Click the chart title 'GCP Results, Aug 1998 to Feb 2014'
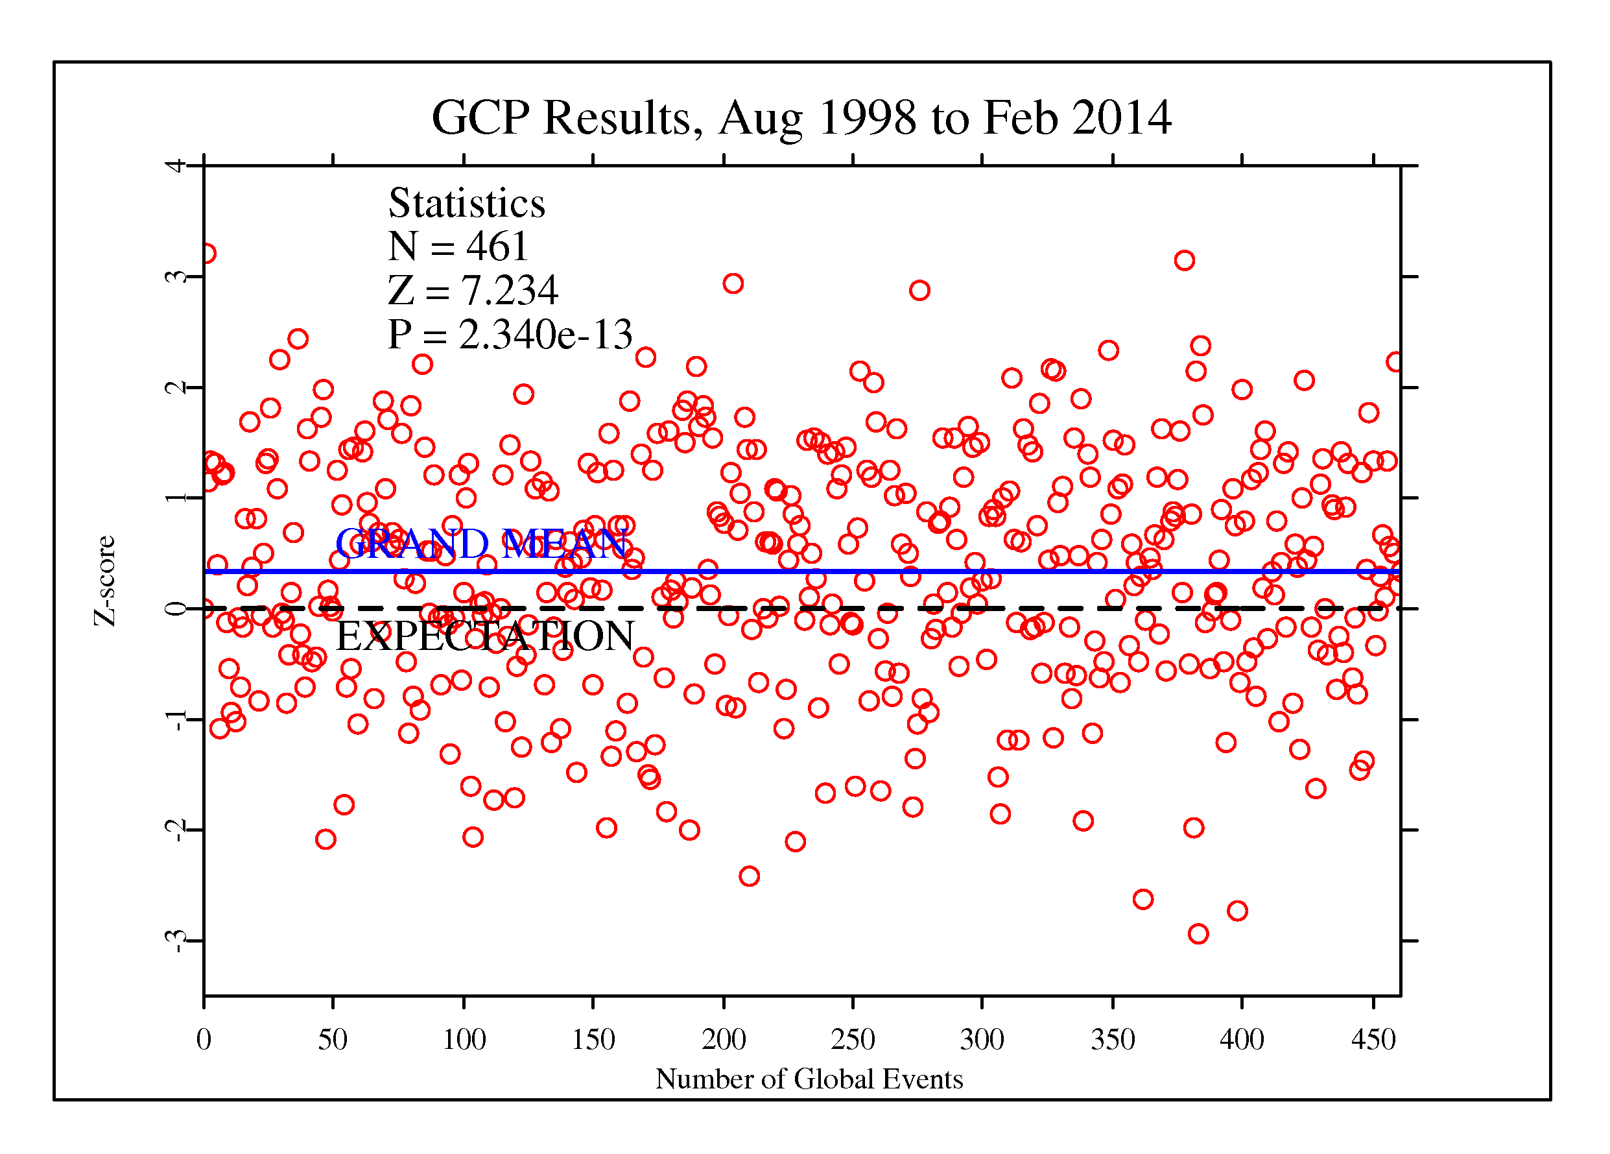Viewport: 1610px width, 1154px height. (801, 118)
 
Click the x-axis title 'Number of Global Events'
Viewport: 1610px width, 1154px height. (809, 1079)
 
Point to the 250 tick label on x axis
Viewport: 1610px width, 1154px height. (853, 1040)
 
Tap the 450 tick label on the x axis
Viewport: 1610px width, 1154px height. (1373, 1040)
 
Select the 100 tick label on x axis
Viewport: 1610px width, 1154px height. (464, 1040)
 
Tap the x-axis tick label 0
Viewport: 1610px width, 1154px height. (204, 1040)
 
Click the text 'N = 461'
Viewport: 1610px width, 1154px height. (458, 246)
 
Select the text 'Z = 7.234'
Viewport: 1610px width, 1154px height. (473, 291)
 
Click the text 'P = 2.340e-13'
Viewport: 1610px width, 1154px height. (510, 334)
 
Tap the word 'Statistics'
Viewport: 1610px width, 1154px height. (466, 203)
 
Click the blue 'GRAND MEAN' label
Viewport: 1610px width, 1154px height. (480, 544)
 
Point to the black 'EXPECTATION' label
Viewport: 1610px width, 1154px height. (485, 636)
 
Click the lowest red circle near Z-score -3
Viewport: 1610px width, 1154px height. (1198, 934)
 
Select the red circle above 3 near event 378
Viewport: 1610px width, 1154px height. (1184, 261)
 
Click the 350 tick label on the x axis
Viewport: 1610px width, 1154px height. (1113, 1040)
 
